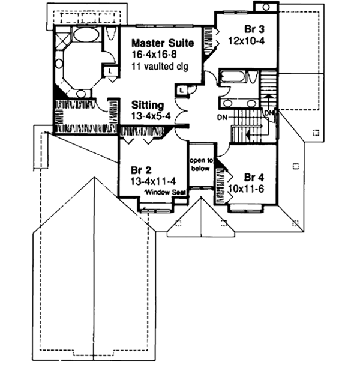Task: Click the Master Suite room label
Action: [x=163, y=43]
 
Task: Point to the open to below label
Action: [x=201, y=165]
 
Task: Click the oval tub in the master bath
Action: [x=87, y=35]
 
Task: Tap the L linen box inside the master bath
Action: [x=112, y=71]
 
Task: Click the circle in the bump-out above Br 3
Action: [x=265, y=7]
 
